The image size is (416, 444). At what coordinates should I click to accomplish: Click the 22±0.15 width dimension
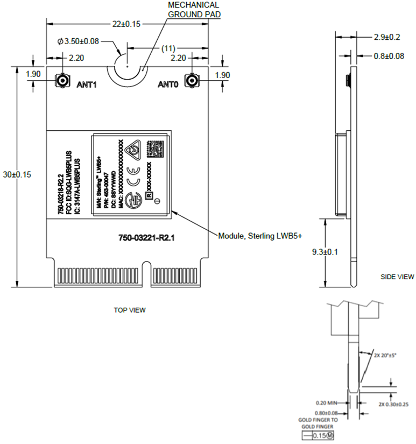tap(126, 24)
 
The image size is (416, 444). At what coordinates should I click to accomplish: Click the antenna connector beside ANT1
tap(61, 81)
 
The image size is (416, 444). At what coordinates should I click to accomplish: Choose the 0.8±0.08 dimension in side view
tap(389, 56)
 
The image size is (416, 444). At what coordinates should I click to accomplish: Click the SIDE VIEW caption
tap(397, 277)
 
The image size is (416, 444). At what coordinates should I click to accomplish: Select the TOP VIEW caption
tap(130, 310)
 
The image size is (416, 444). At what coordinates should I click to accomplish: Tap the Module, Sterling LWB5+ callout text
tap(260, 236)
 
